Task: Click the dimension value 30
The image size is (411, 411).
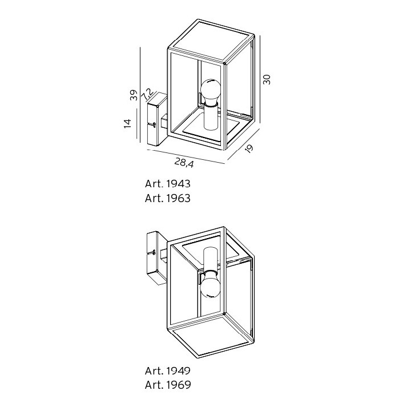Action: [x=267, y=79]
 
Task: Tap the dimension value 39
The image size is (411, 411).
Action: [x=134, y=95]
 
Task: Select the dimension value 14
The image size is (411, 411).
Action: [x=127, y=123]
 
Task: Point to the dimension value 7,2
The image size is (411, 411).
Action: [x=147, y=94]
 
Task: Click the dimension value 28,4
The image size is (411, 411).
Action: [x=184, y=163]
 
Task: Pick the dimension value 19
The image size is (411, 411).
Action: [x=249, y=148]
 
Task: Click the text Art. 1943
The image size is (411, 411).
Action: [x=167, y=184]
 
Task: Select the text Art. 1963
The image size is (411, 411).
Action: [x=167, y=198]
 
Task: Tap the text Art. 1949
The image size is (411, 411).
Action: [x=168, y=370]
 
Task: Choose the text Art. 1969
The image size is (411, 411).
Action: [x=168, y=385]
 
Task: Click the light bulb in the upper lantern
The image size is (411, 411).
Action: [x=209, y=92]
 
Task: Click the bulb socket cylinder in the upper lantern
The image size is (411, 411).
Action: [x=211, y=117]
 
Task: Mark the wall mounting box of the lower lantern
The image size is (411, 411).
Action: [x=156, y=258]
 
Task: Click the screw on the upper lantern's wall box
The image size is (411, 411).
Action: [x=154, y=124]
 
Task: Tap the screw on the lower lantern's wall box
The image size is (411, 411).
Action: [x=154, y=253]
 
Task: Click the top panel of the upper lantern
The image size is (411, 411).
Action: [x=211, y=42]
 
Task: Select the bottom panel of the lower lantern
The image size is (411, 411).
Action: [x=211, y=336]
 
